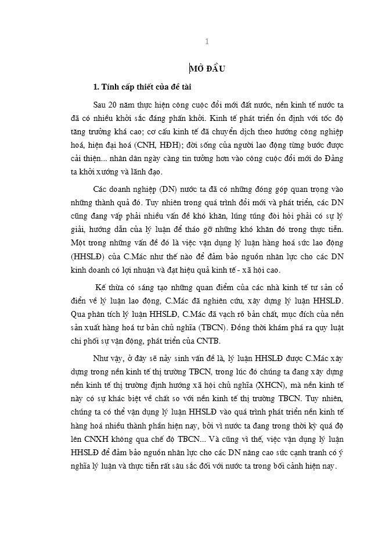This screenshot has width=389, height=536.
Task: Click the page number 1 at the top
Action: [207, 42]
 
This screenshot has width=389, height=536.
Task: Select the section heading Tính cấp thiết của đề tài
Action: [142, 87]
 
